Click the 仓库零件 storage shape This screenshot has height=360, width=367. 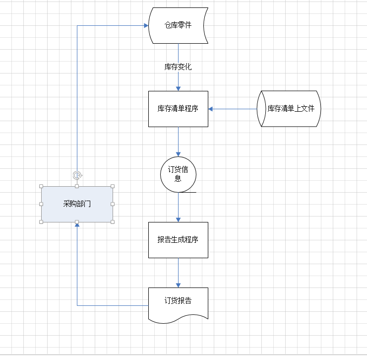pos(178,25)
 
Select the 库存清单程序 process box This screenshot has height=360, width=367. pos(178,109)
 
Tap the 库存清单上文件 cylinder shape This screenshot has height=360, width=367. pos(289,109)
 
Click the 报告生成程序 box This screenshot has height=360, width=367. pos(178,240)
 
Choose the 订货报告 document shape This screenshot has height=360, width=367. pos(178,302)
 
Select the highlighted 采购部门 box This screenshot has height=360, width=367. pos(77,204)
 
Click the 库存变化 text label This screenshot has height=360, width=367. pos(178,67)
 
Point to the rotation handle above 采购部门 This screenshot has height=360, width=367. pos(77,175)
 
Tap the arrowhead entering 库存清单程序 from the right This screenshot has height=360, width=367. pos(211,109)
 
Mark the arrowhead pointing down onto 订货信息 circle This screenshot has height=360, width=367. pos(178,154)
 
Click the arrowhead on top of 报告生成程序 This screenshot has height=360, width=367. pos(178,219)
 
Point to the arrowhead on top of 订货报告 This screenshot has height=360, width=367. pos(178,285)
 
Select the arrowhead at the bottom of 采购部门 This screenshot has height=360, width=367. pos(77,224)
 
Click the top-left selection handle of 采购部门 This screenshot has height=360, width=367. pos(41,186)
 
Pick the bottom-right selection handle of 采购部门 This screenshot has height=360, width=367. pos(113,221)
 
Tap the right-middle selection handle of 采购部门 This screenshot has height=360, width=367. pos(113,204)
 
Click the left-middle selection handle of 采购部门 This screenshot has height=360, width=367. pos(41,204)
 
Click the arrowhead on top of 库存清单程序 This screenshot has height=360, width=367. pos(178,88)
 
